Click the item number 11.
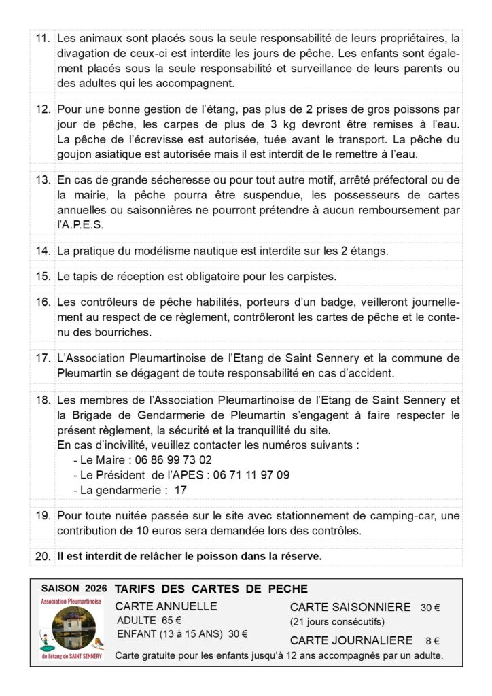coord(43,39)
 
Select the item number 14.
coord(43,251)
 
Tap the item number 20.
coord(43,556)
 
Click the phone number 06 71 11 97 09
coord(251,475)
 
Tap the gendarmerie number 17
coord(180,490)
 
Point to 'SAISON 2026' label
coord(69,588)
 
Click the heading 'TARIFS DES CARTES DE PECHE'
coord(211,589)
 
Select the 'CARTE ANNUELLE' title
coord(167,606)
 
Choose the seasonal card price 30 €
coord(429,608)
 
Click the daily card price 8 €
coord(433,640)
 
